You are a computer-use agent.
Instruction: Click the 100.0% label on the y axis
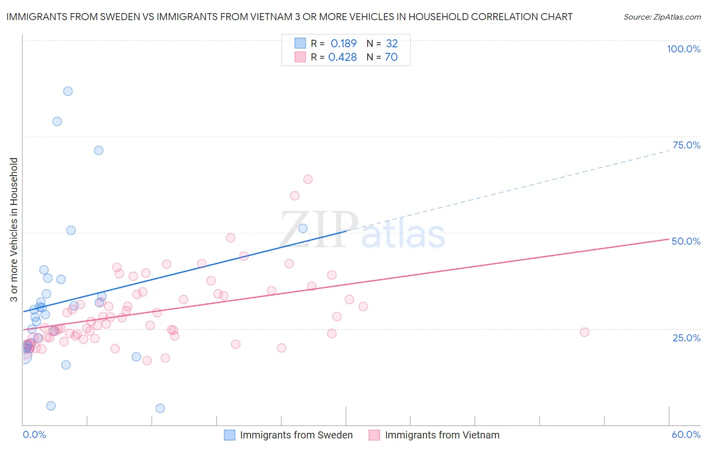(683, 49)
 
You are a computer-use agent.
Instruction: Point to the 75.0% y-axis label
(686, 145)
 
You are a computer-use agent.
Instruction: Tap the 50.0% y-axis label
(686, 241)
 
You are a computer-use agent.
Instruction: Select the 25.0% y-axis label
(686, 338)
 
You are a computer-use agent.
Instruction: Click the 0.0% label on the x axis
(34, 434)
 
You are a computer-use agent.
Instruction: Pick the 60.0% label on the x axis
(686, 434)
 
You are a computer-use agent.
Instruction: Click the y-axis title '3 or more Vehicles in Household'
(14, 230)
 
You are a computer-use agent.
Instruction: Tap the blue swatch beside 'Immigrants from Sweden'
(230, 435)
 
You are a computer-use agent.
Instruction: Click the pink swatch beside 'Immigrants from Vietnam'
(374, 435)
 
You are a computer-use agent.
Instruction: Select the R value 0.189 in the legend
(343, 43)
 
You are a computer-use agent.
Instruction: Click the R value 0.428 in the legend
(342, 57)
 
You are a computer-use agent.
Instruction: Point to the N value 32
(392, 43)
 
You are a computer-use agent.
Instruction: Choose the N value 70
(391, 57)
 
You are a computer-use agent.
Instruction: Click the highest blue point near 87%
(68, 91)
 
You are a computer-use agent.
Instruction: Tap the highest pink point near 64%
(308, 179)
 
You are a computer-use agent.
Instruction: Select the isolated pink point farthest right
(584, 332)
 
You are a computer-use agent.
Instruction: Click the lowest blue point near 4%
(160, 408)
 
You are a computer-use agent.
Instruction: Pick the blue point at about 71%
(99, 151)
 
